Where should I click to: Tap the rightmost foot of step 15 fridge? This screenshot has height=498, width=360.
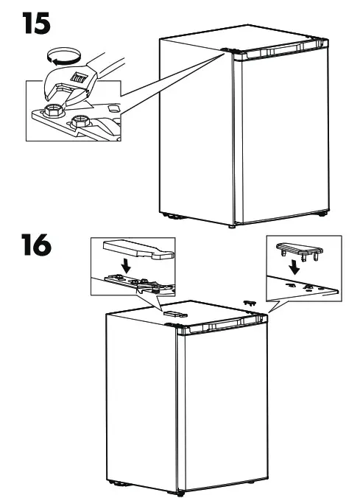[x=322, y=214]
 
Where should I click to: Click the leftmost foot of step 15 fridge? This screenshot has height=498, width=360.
[x=172, y=216]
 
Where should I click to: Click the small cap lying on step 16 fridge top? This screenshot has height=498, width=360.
[x=248, y=302]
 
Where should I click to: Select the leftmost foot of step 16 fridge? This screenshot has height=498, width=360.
[x=116, y=485]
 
